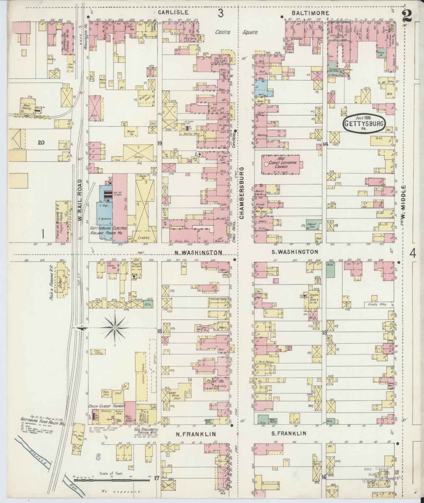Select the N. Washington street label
click(198, 252)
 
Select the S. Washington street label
click(297, 252)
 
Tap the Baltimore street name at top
click(310, 13)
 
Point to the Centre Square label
click(237, 32)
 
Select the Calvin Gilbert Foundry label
click(107, 406)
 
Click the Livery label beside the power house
click(143, 239)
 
